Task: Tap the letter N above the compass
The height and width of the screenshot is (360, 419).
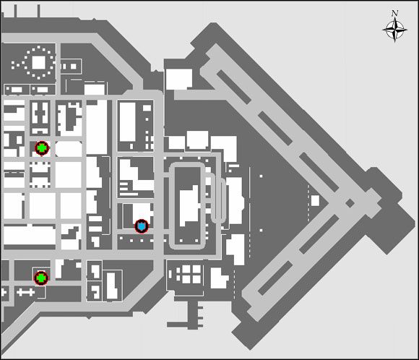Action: [394, 13]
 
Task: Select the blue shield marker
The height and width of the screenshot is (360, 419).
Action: [142, 226]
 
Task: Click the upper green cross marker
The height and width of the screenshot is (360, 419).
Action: [42, 148]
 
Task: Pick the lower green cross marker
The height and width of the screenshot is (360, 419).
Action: [41, 277]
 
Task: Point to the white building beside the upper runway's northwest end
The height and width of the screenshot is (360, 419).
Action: [177, 79]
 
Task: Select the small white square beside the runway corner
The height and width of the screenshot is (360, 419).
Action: [314, 200]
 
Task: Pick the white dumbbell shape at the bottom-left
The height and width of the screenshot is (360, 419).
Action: [25, 291]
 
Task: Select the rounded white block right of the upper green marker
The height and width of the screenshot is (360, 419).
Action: [68, 149]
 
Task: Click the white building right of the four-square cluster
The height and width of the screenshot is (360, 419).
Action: [220, 276]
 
